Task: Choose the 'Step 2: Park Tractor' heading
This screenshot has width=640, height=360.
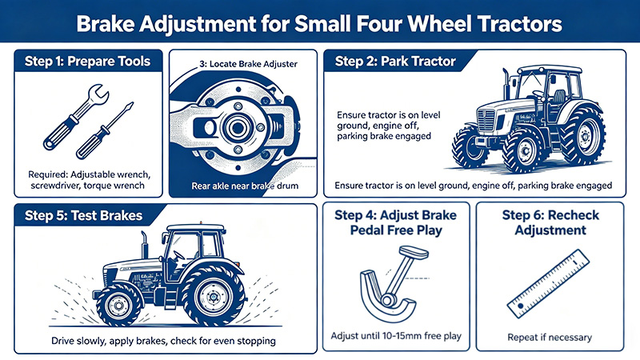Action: pyautogui.click(x=394, y=61)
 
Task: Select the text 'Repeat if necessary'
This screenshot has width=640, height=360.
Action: pyautogui.click(x=550, y=337)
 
